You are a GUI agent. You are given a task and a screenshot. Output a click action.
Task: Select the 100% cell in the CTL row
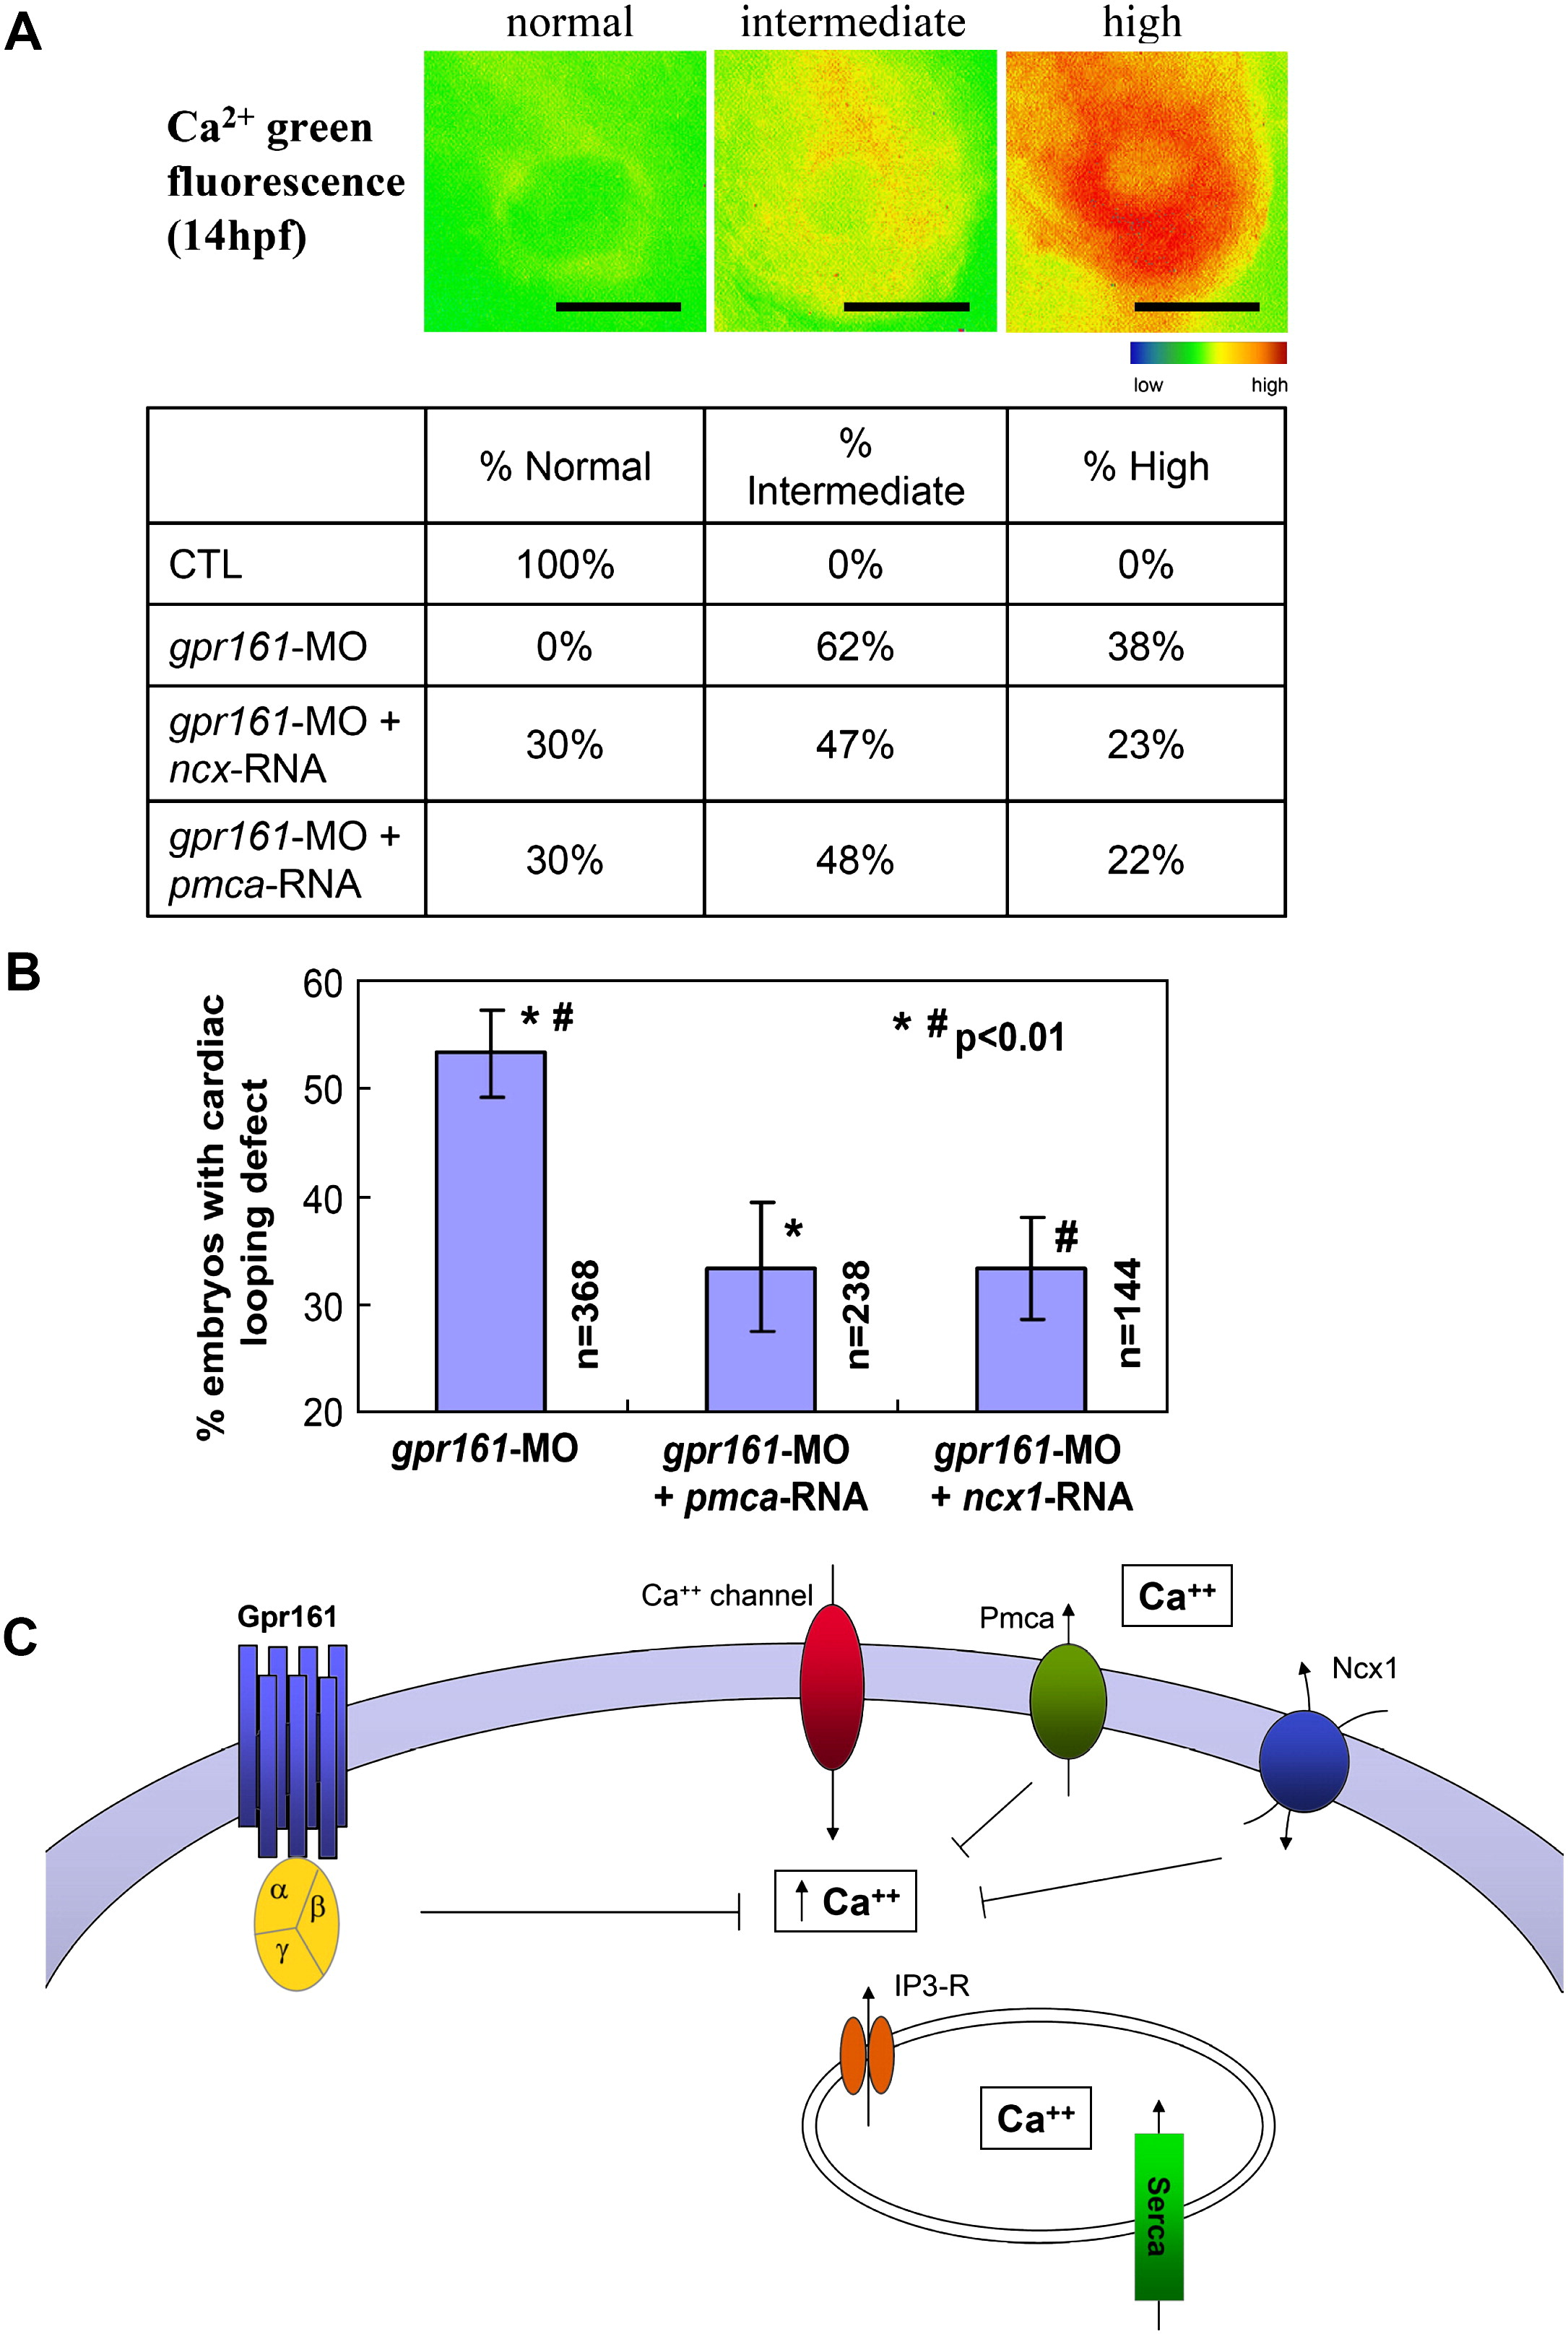coord(565,565)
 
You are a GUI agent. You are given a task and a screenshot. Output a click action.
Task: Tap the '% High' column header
coord(1146,467)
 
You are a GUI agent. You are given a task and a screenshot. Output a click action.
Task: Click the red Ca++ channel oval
coord(832,1687)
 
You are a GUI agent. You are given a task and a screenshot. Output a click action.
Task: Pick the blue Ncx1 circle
coord(1303,1761)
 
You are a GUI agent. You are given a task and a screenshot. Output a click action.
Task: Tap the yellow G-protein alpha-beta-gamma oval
coord(297,1923)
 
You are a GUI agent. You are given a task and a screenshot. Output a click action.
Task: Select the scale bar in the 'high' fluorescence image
coord(1196,307)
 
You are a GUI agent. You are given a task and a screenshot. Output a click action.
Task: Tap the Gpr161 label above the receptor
coord(287,1616)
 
